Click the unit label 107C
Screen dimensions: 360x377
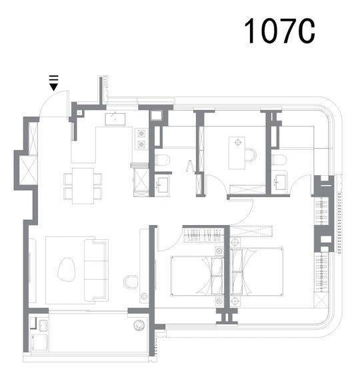click(279, 31)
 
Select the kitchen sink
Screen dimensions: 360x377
click(115, 119)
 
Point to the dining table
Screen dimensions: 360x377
click(83, 186)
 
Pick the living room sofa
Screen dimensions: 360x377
click(96, 270)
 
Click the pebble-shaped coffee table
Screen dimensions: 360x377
click(67, 270)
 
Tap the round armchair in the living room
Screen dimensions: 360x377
click(130, 282)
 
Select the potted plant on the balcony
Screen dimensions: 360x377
click(139, 325)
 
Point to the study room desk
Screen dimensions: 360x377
click(237, 153)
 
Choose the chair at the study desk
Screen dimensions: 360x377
click(251, 155)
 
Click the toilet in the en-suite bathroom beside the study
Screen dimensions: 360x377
click(279, 160)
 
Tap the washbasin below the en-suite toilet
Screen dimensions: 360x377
click(281, 182)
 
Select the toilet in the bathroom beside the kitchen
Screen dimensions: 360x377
click(163, 160)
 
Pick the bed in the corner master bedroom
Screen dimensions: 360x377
click(257, 272)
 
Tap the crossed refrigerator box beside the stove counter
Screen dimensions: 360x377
click(141, 179)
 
